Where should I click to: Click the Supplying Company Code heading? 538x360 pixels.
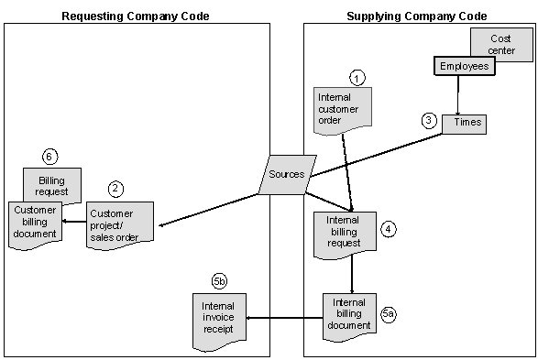(417, 16)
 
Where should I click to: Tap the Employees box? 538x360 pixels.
(463, 67)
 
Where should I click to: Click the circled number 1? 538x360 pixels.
(358, 78)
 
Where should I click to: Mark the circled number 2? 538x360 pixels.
(115, 189)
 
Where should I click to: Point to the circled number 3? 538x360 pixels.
(428, 120)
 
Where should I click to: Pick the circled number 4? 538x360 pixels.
(389, 229)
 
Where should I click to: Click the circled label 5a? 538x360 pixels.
(389, 314)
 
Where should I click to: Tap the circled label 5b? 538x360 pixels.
(218, 280)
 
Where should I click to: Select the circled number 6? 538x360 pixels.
(51, 156)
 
